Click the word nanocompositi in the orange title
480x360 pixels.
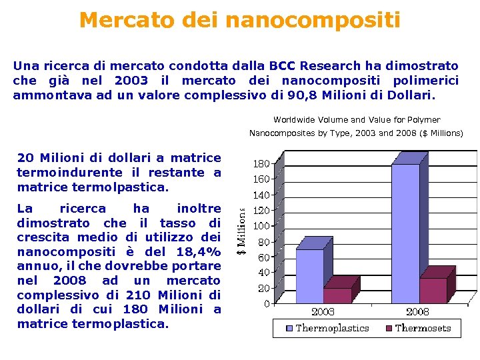coord(313,21)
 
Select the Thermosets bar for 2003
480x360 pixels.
coord(337,295)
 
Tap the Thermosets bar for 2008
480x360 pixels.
coord(433,290)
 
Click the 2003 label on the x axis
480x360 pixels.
coord(323,311)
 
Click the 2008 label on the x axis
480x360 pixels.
coord(418,311)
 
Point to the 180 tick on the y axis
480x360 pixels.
coord(261,163)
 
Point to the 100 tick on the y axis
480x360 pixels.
coord(261,225)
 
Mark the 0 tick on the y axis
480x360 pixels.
coord(267,303)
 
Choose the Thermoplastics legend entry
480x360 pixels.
coord(327,328)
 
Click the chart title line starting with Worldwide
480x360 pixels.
coord(357,120)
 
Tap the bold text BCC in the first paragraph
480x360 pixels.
coord(283,66)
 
